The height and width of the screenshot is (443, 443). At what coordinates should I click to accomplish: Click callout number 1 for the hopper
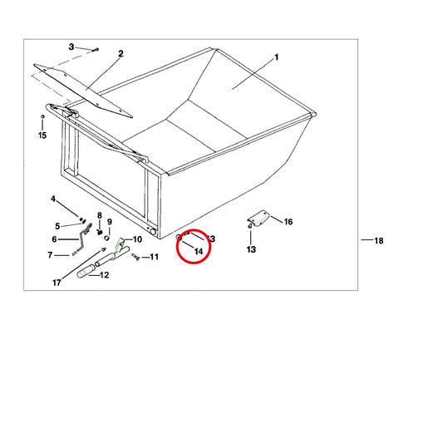click(276, 57)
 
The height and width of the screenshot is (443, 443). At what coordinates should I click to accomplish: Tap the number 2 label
click(121, 53)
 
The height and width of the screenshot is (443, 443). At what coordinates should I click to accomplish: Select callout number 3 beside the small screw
click(71, 47)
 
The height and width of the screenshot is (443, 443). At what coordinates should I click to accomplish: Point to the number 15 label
click(42, 135)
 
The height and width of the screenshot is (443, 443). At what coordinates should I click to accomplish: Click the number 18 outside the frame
click(379, 241)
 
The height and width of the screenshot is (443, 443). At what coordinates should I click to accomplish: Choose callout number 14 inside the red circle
click(199, 251)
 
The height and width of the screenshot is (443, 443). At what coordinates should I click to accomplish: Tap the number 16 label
click(288, 222)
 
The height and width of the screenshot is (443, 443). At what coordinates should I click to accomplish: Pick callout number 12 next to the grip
click(104, 275)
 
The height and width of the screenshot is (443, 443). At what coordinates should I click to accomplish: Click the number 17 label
click(57, 283)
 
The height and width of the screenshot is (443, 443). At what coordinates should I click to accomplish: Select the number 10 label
click(137, 239)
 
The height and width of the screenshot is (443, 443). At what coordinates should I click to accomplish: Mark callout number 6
click(54, 239)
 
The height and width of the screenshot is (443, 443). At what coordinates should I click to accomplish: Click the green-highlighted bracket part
click(120, 244)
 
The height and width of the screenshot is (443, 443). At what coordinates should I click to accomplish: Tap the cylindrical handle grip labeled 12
click(86, 270)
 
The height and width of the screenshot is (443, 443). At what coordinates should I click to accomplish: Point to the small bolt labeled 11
click(135, 257)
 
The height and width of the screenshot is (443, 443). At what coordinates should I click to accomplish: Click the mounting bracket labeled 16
click(258, 218)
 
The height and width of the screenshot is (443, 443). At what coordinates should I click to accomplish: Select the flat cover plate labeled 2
click(82, 91)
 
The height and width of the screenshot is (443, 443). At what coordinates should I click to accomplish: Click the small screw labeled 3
click(96, 50)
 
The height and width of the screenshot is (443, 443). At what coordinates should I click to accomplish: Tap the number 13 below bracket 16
click(251, 249)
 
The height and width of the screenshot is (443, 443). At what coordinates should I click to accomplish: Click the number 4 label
click(53, 199)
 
